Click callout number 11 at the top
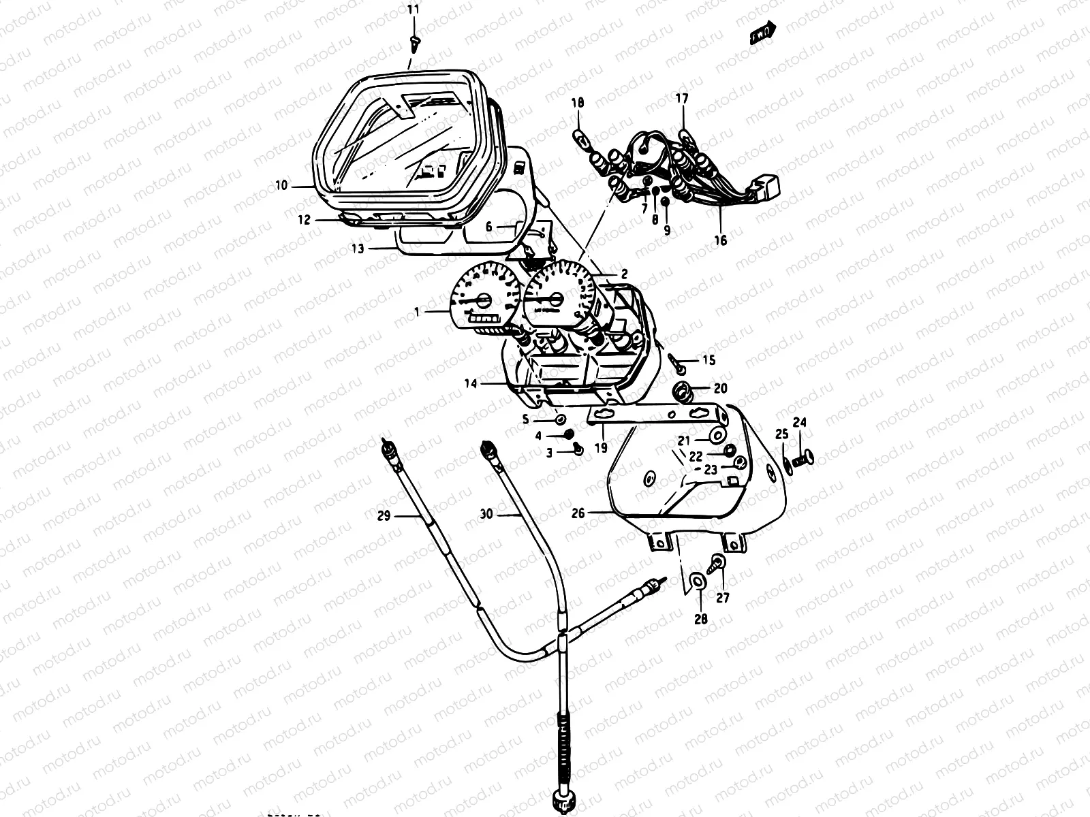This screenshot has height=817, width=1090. (x=414, y=9)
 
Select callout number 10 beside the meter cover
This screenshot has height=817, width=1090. (x=281, y=185)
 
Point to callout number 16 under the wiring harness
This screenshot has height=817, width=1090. (x=721, y=240)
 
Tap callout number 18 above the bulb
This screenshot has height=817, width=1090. (x=578, y=103)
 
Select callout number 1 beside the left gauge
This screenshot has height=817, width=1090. (x=418, y=311)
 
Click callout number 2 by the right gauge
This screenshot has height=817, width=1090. (x=623, y=274)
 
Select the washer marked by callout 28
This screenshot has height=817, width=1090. (x=698, y=581)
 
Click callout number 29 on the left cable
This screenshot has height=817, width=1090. (x=384, y=516)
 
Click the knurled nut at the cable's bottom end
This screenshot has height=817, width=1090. (x=563, y=796)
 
